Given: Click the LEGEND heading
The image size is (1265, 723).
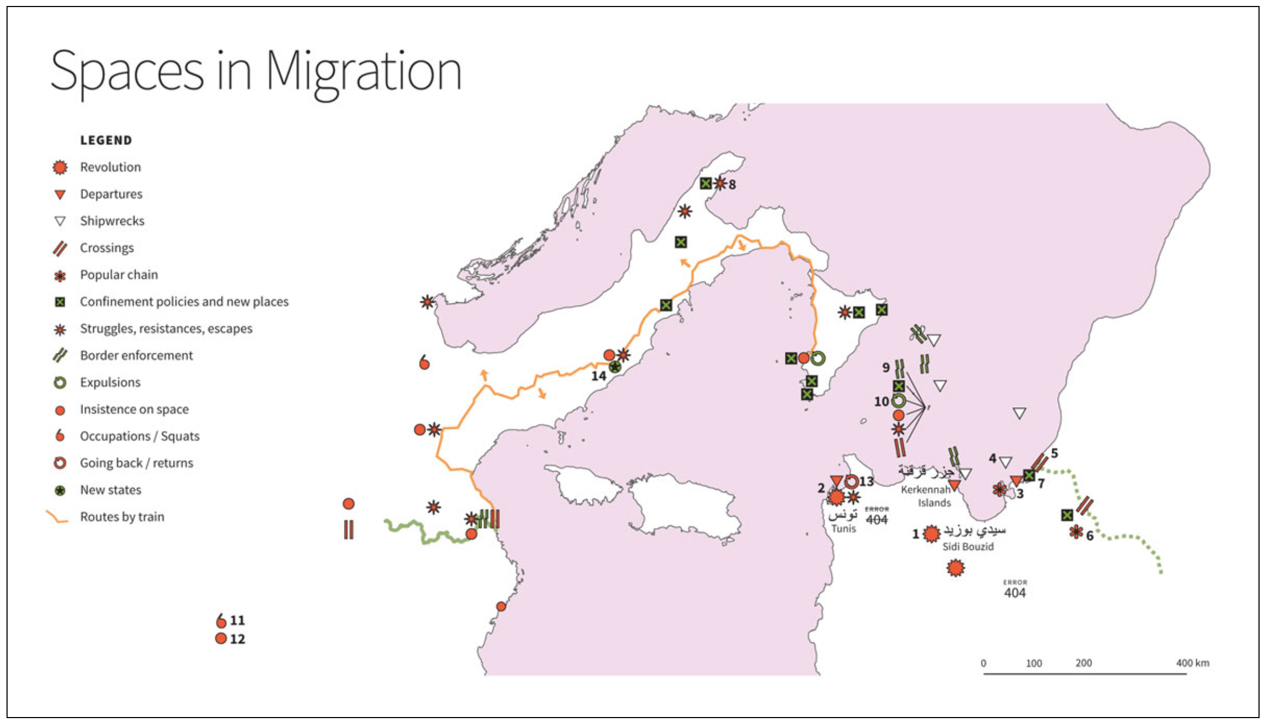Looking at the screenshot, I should coord(106,141).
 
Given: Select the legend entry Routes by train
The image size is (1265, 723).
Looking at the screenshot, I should coord(122,517).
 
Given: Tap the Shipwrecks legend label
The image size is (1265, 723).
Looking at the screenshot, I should coord(112,221).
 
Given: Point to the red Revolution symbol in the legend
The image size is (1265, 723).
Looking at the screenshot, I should coord(60,167).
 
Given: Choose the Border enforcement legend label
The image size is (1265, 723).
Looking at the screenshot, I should coord(136,356).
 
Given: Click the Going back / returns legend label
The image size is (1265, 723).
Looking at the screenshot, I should coord(136,463).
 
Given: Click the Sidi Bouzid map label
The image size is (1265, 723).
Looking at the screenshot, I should coord(968,547).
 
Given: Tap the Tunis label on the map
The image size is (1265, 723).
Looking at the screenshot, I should coord(844,528).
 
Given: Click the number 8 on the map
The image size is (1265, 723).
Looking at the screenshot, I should coord(732,185).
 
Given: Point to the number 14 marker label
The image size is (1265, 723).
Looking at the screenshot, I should coord(598,376).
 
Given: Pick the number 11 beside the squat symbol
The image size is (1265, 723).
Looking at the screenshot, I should coord(237,620).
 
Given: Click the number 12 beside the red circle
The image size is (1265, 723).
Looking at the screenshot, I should coord(237,639).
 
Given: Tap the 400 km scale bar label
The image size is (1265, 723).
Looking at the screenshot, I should coord(1192,663).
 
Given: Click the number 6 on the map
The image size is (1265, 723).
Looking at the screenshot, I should coord(1089,536).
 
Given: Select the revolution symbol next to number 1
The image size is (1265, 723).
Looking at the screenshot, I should coord(931,534).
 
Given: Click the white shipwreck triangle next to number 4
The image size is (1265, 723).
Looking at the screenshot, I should coord(1006,462).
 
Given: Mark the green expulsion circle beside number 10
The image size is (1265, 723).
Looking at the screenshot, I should coord(898,401).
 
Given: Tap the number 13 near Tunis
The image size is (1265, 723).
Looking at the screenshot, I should coord(866,481).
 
